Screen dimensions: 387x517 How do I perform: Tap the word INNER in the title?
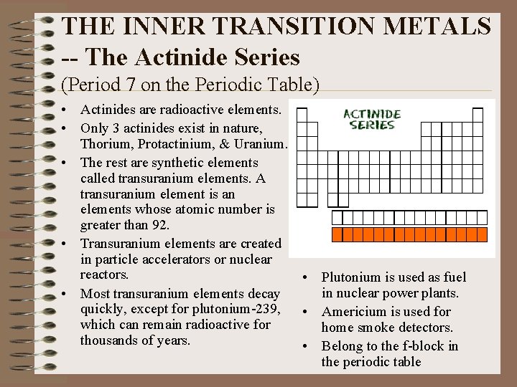coord(153,27)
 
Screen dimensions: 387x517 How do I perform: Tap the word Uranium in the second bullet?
coord(264,143)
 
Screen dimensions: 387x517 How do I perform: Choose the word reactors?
coord(105,275)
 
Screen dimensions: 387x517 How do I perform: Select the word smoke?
coord(378,328)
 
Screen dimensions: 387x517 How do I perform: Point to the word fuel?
coord(454,277)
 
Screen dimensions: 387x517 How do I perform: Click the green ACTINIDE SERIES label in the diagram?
coord(372,120)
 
